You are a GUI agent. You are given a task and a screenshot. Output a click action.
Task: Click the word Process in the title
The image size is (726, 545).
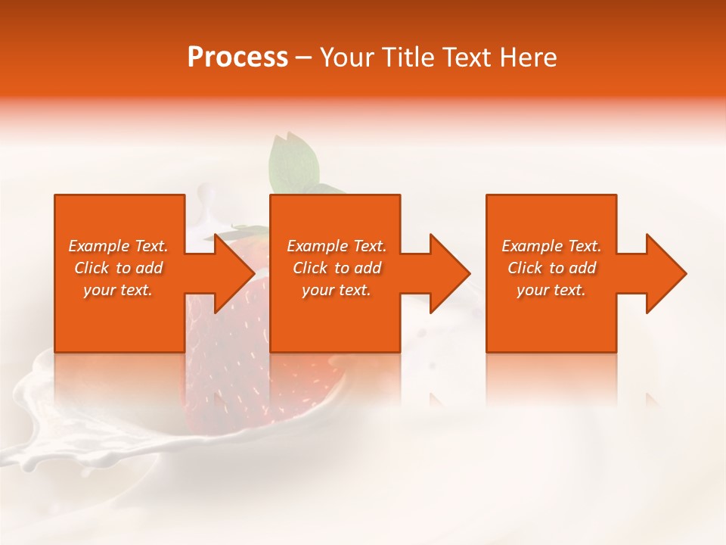237,58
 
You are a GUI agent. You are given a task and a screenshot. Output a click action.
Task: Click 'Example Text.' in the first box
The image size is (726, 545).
118,246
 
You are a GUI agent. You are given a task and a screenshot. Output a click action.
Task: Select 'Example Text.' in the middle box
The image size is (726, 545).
337,246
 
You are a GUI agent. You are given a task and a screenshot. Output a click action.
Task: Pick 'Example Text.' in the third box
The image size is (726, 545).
551,246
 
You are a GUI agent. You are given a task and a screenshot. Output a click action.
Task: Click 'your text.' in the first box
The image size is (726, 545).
118,290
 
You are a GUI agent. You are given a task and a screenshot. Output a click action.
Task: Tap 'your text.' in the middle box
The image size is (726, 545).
337,290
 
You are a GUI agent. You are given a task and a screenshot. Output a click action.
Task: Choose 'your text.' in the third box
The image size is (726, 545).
551,290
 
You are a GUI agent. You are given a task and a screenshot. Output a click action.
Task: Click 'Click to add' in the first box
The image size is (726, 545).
118,268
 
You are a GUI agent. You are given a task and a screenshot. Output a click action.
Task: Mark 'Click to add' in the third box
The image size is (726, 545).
551,268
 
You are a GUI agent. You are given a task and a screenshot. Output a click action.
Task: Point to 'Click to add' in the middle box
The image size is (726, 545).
337,268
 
